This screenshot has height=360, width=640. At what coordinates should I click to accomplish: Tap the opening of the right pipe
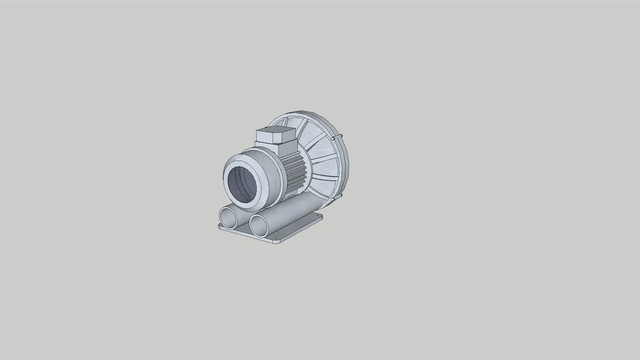coord(260,225)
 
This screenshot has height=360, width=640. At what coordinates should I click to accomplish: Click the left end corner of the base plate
coord(220,226)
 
